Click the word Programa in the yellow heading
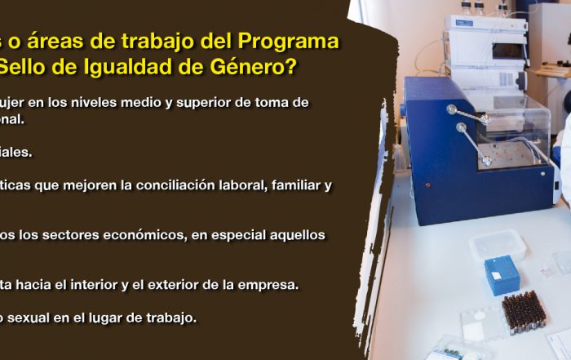point(288,42)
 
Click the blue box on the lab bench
point(502,275)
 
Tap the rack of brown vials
point(524,310)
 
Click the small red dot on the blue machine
point(428,185)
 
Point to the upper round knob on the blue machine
point(452,109)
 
